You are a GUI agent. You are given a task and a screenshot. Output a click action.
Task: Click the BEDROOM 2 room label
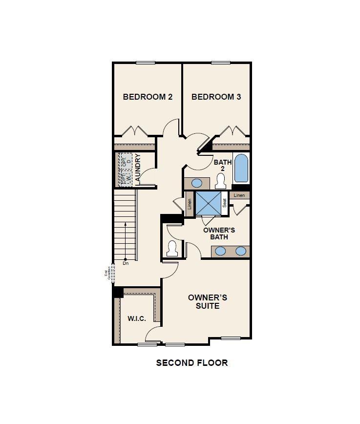click(x=148, y=97)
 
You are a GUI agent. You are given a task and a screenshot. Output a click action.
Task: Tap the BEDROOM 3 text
click(x=216, y=97)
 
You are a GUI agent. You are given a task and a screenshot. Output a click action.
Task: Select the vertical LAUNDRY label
click(x=138, y=169)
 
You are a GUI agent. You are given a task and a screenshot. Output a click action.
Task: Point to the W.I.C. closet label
click(x=137, y=318)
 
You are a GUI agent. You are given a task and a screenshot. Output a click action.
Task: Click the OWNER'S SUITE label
click(x=208, y=301)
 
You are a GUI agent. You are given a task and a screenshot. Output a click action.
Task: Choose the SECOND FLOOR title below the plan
click(x=191, y=362)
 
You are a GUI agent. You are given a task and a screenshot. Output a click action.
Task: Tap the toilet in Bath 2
click(x=220, y=182)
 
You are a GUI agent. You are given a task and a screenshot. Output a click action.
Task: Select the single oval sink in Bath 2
click(x=196, y=183)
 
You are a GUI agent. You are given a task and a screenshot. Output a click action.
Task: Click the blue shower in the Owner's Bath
click(x=208, y=203)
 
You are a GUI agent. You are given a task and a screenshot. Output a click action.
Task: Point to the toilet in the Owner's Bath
click(x=172, y=249)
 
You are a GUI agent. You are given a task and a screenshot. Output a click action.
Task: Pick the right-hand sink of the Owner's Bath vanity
click(x=241, y=251)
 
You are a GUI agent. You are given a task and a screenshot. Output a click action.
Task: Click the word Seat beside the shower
click(x=225, y=203)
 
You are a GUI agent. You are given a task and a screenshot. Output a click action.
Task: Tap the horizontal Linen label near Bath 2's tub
click(x=239, y=195)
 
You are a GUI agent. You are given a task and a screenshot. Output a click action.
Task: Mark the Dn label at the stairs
click(x=126, y=264)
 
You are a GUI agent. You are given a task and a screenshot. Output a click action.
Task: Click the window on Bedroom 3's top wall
click(x=220, y=62)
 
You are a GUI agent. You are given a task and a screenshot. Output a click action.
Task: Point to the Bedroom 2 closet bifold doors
click(x=134, y=131)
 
